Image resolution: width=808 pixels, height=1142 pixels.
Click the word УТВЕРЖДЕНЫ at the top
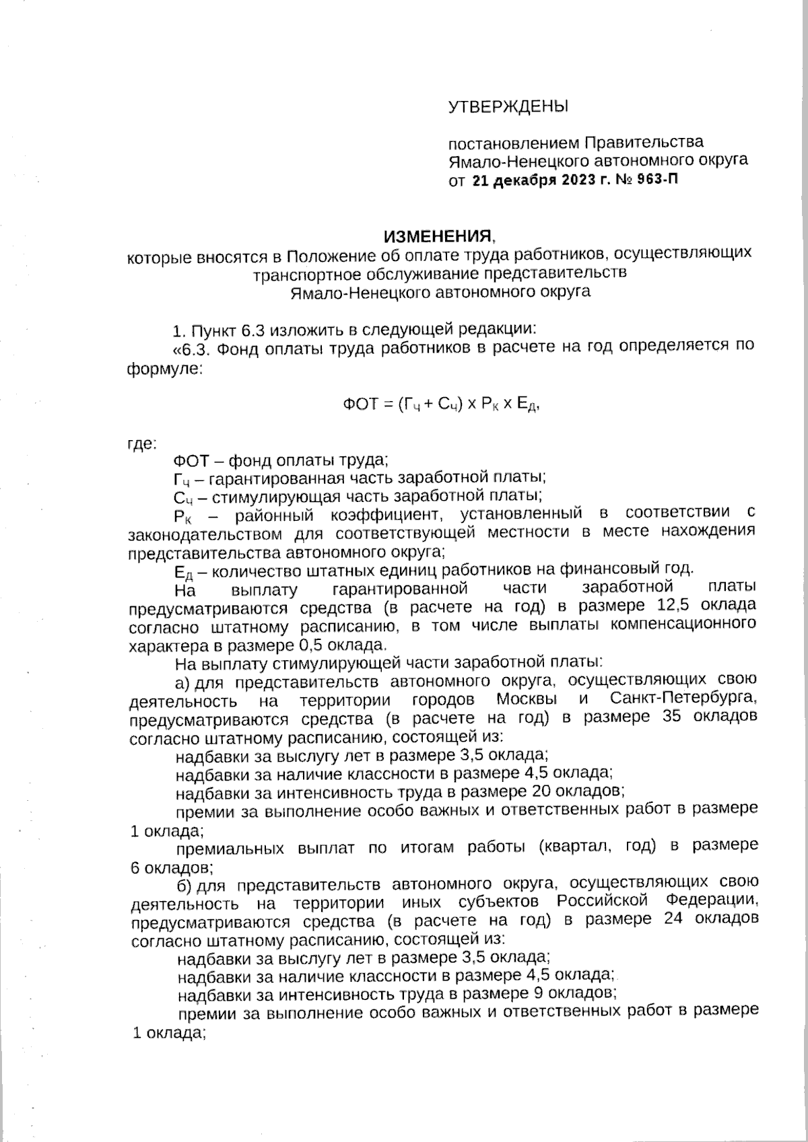point(508,106)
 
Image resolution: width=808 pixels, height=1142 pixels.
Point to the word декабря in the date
point(524,180)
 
